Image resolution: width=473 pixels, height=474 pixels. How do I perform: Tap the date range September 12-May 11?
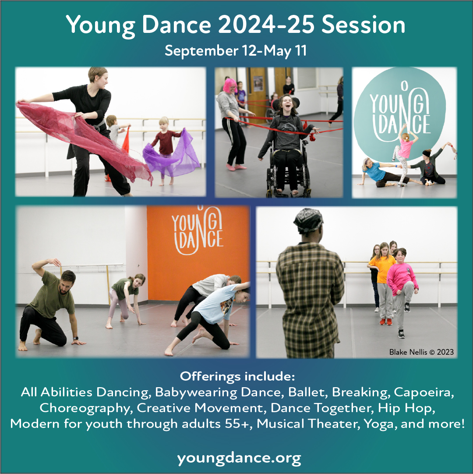pyautogui.click(x=236, y=51)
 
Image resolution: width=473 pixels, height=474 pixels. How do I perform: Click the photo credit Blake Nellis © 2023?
pyautogui.click(x=421, y=352)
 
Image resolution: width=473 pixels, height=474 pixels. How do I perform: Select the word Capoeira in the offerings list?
pyautogui.click(x=424, y=392)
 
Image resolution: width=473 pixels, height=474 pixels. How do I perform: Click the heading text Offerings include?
pyautogui.click(x=237, y=376)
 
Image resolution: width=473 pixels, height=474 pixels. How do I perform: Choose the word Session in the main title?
pyautogui.click(x=364, y=25)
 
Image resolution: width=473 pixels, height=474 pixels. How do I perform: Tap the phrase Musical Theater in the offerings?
pyautogui.click(x=308, y=424)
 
